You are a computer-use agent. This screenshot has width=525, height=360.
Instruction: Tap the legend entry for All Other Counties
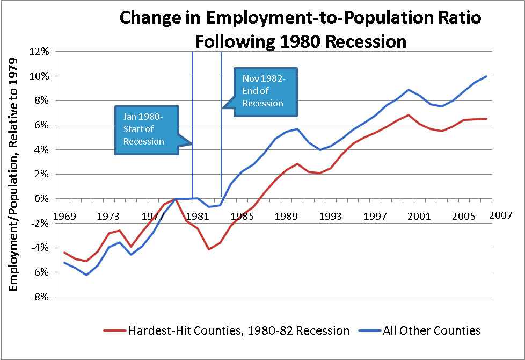(x=426, y=330)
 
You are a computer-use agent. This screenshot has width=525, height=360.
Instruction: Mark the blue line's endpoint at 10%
(x=487, y=76)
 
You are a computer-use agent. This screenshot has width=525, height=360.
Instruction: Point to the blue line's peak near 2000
(x=409, y=90)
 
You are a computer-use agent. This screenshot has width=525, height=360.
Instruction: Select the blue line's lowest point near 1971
(x=86, y=275)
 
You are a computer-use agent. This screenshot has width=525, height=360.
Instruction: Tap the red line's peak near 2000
(x=409, y=115)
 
